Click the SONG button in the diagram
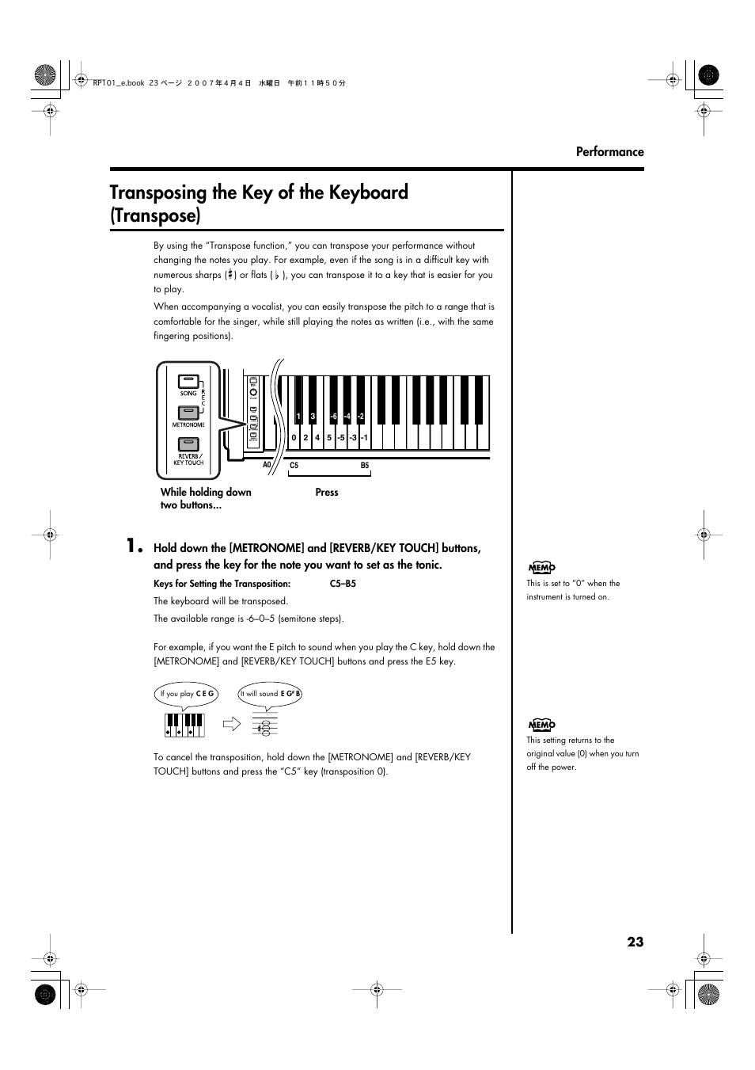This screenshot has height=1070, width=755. [x=188, y=382]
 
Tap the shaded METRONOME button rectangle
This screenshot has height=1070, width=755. [x=188, y=413]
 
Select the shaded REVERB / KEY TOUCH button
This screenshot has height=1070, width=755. [x=188, y=444]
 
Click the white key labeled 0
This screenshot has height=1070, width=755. [x=294, y=437]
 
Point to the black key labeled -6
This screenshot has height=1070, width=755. [x=334, y=417]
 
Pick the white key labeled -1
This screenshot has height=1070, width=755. [x=364, y=437]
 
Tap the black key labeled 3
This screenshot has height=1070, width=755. [x=313, y=417]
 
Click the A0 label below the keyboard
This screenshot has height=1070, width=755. [x=267, y=466]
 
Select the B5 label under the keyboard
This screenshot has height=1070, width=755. [x=365, y=466]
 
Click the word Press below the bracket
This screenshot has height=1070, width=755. [x=326, y=493]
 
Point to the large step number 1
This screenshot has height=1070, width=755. [x=135, y=546]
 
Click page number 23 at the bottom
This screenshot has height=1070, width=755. [x=635, y=942]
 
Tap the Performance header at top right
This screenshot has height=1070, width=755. [x=609, y=152]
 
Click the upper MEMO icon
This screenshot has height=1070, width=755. [x=542, y=567]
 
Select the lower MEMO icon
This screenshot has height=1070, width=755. [x=542, y=725]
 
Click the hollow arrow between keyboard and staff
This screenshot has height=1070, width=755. [x=230, y=723]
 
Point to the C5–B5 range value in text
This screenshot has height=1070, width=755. [x=343, y=584]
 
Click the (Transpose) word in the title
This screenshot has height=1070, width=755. [x=155, y=215]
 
